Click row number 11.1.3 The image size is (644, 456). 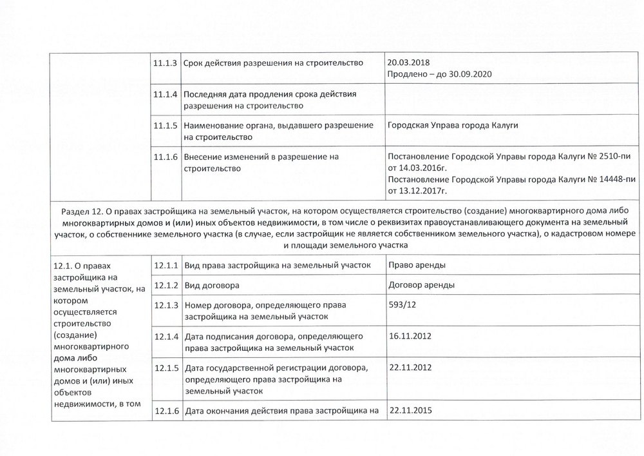click(x=166, y=63)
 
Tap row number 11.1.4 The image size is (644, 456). click(x=166, y=94)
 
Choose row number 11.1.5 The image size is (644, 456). click(x=166, y=126)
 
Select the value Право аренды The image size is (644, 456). click(x=417, y=264)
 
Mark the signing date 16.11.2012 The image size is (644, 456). click(x=410, y=336)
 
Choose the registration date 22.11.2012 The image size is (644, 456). click(x=410, y=367)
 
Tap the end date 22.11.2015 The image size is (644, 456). click(x=410, y=410)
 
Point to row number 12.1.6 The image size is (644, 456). click(x=166, y=411)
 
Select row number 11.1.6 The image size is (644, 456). click(x=166, y=157)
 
